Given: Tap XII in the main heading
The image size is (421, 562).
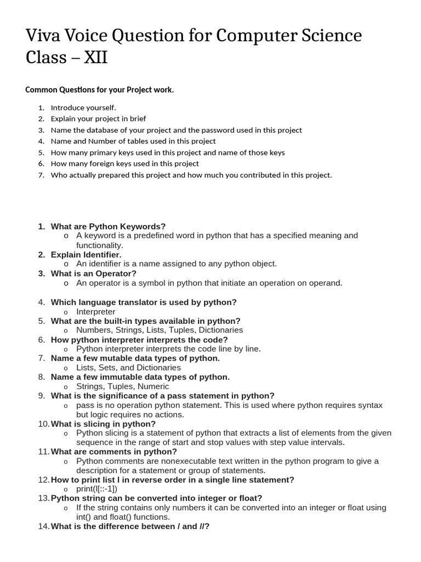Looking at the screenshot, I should (94, 57).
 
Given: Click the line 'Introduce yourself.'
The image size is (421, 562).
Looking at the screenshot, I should (83, 108).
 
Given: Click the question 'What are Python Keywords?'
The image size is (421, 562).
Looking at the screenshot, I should (108, 226).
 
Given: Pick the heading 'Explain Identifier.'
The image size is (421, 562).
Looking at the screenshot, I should (86, 255).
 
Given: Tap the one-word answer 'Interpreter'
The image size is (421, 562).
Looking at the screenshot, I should (96, 312).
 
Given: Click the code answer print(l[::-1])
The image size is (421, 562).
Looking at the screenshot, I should (97, 489).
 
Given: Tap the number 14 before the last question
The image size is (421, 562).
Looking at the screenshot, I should (43, 526).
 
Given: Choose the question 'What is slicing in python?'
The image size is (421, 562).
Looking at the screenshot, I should (103, 424).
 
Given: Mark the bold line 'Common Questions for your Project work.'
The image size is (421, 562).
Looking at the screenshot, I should (100, 89).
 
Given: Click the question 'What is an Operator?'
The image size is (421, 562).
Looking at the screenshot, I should (93, 273).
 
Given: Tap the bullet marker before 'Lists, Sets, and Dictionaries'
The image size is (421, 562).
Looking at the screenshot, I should (66, 368).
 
